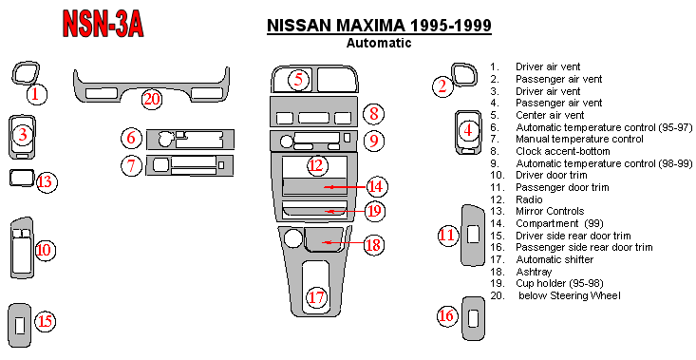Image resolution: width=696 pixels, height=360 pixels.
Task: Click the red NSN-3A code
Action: pos(103,24)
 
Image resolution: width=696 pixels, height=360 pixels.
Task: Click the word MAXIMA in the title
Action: pos(370,26)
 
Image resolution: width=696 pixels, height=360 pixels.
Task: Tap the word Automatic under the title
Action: pos(379,43)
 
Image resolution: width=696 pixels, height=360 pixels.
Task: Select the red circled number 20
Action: pos(152,100)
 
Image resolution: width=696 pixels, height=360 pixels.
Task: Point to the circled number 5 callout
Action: pos(298,80)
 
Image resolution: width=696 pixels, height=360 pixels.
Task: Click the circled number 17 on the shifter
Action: pos(316,297)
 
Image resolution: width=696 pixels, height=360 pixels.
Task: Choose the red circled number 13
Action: pos(47,182)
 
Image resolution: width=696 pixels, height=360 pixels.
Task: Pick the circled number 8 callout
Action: pos(374,114)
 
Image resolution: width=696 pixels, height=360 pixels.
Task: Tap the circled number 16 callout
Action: pos(446,315)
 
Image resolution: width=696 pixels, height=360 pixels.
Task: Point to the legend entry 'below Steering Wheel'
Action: pos(570,295)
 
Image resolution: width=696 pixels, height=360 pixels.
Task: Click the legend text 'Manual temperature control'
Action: pos(579,140)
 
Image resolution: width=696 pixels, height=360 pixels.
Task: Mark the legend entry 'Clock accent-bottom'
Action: pos(563,151)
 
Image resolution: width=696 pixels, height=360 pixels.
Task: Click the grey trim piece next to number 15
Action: pos(20,326)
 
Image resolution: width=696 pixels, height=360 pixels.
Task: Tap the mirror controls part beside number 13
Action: pos(21,178)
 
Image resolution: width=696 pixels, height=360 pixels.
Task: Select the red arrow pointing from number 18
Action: pos(345,242)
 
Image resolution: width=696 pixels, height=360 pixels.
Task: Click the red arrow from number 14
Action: pos(345,187)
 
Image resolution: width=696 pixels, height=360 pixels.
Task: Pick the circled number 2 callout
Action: pos(442,85)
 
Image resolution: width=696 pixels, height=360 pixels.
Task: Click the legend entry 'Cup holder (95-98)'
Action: pos(559,283)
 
